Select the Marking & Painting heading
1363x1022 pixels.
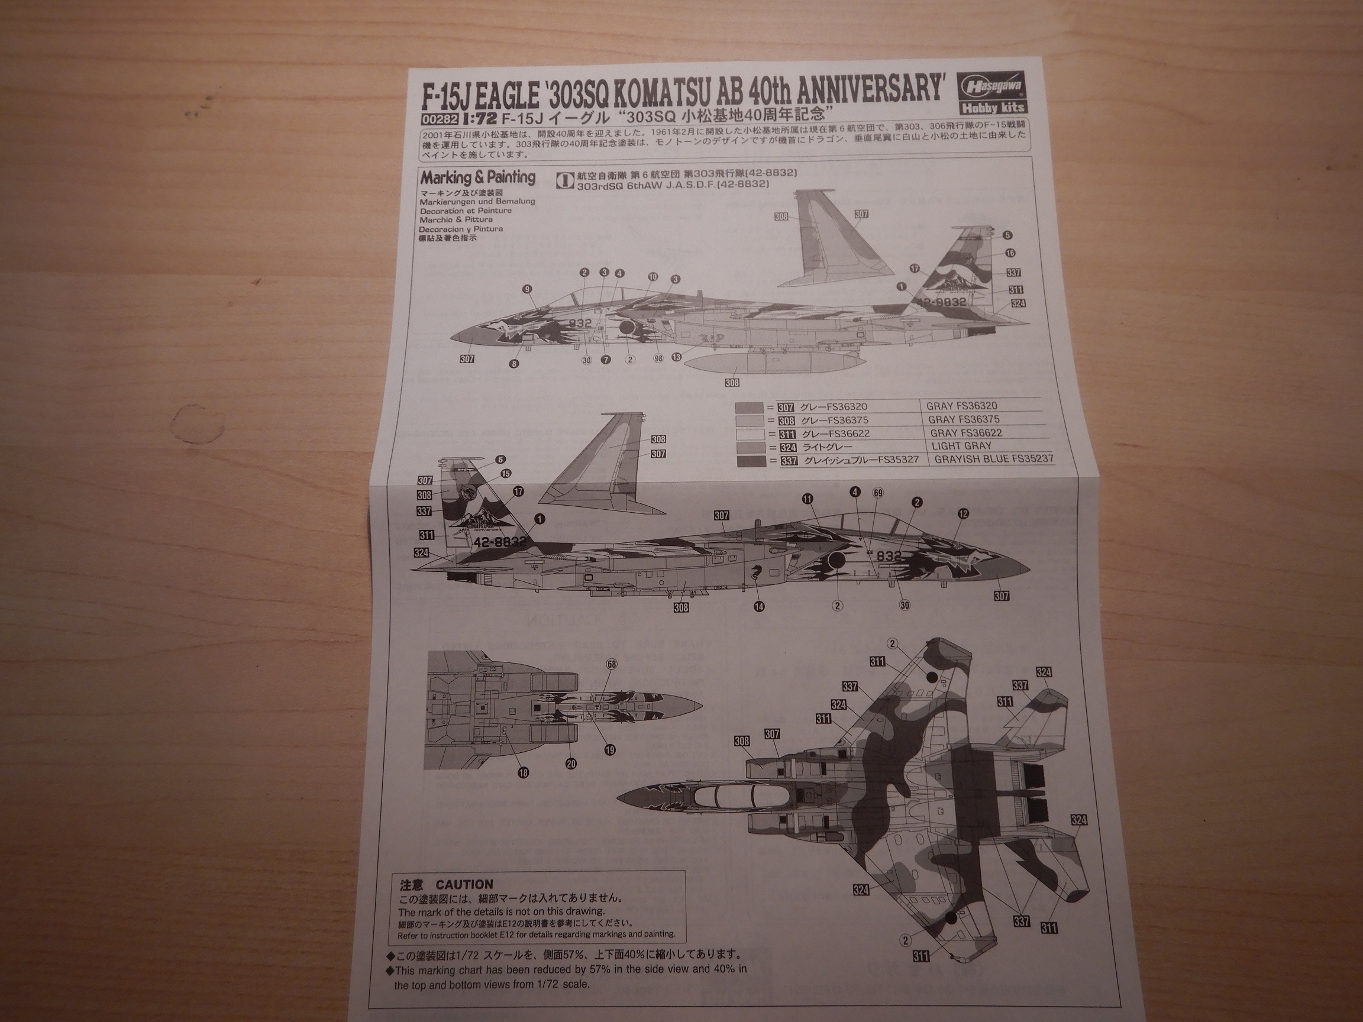pos(478,178)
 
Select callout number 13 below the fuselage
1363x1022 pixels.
pos(677,357)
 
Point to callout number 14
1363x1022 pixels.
pos(758,606)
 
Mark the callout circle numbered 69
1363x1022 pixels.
pos(877,493)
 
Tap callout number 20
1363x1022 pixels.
pos(571,764)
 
